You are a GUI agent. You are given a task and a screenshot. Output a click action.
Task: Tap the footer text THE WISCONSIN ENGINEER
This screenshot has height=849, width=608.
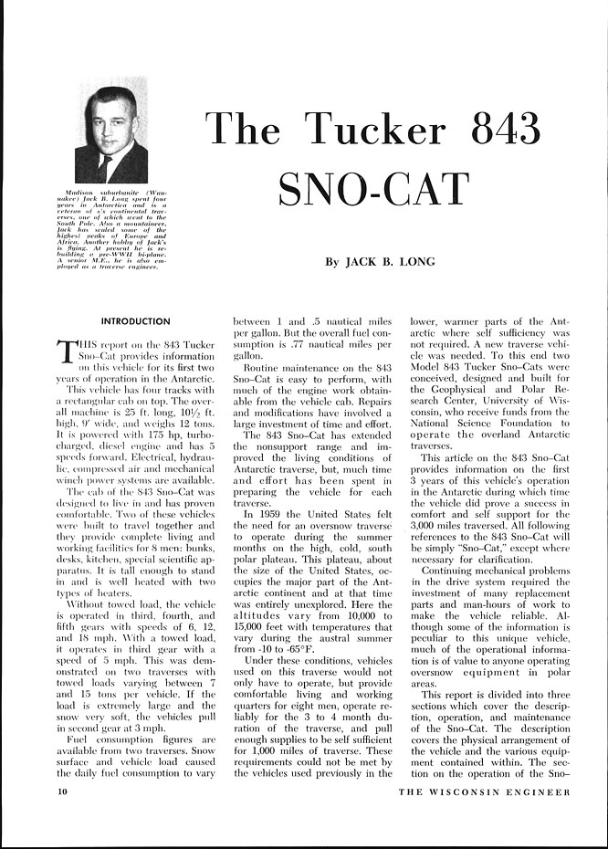484,791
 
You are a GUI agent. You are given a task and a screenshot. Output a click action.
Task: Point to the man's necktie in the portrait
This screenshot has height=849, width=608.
107,165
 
